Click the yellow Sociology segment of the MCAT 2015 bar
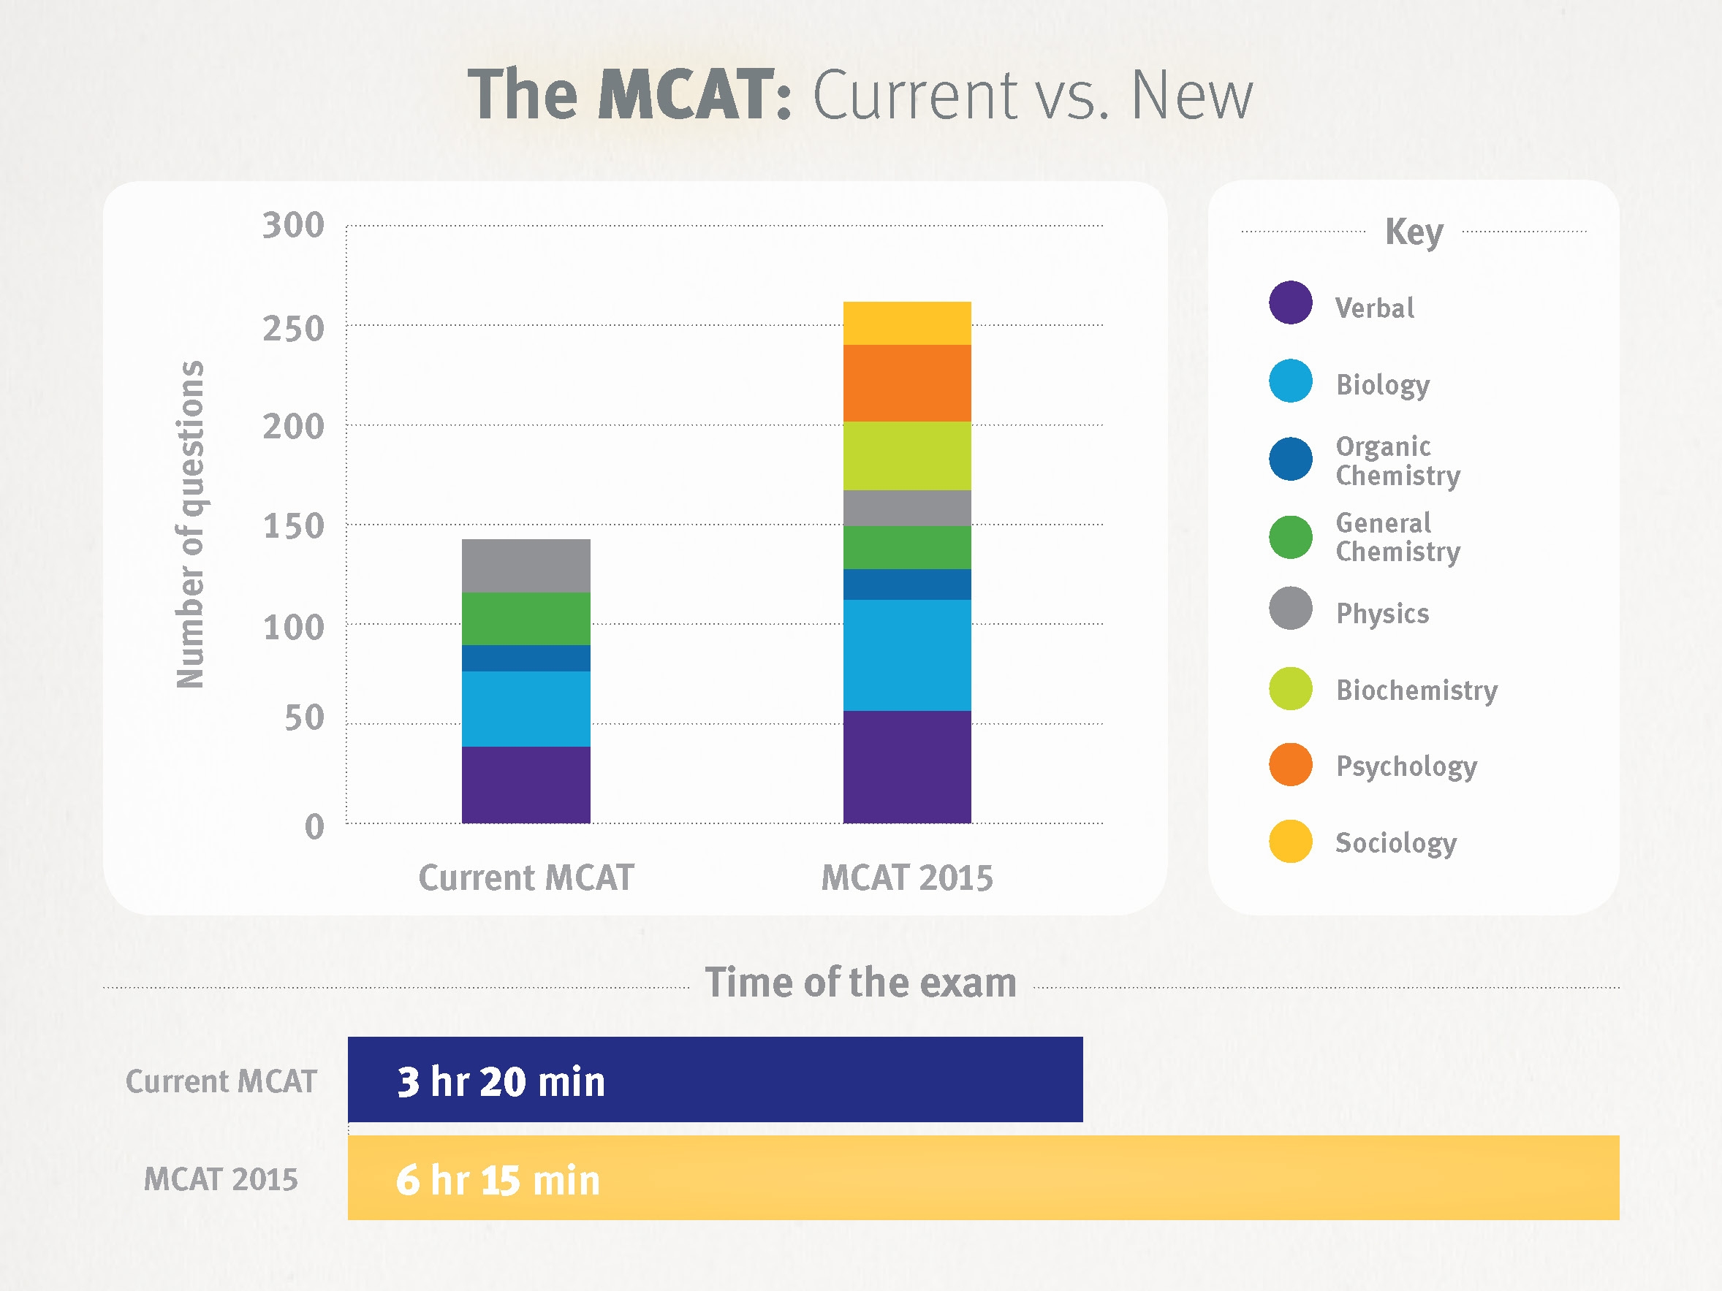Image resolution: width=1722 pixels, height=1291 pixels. click(907, 323)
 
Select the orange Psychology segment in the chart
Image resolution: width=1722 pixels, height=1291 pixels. click(907, 383)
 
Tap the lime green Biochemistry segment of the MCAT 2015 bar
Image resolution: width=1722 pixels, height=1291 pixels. click(907, 455)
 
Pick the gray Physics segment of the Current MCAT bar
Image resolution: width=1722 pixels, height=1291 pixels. click(526, 565)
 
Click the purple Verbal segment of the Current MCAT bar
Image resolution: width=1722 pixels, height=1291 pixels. click(526, 785)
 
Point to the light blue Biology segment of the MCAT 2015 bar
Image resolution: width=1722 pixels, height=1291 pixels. click(907, 655)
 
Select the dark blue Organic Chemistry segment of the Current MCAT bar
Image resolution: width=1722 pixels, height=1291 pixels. click(526, 658)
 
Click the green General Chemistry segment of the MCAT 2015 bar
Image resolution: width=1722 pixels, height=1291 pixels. click(907, 547)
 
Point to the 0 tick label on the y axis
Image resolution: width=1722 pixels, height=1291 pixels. click(314, 826)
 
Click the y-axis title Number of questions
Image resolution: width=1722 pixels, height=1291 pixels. click(190, 525)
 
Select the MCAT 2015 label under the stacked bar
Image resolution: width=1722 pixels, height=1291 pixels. click(907, 877)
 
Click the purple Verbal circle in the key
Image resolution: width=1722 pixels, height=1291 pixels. click(1290, 302)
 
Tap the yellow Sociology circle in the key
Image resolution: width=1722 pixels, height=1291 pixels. click(1290, 841)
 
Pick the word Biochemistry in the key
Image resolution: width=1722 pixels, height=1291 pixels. click(1416, 690)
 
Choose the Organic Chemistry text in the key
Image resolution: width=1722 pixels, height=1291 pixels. click(1397, 461)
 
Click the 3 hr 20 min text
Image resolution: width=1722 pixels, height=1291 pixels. click(501, 1081)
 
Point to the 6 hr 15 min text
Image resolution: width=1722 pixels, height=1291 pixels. click(498, 1180)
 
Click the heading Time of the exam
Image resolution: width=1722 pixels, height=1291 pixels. click(860, 982)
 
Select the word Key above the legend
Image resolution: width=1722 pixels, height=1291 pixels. click(1414, 232)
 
